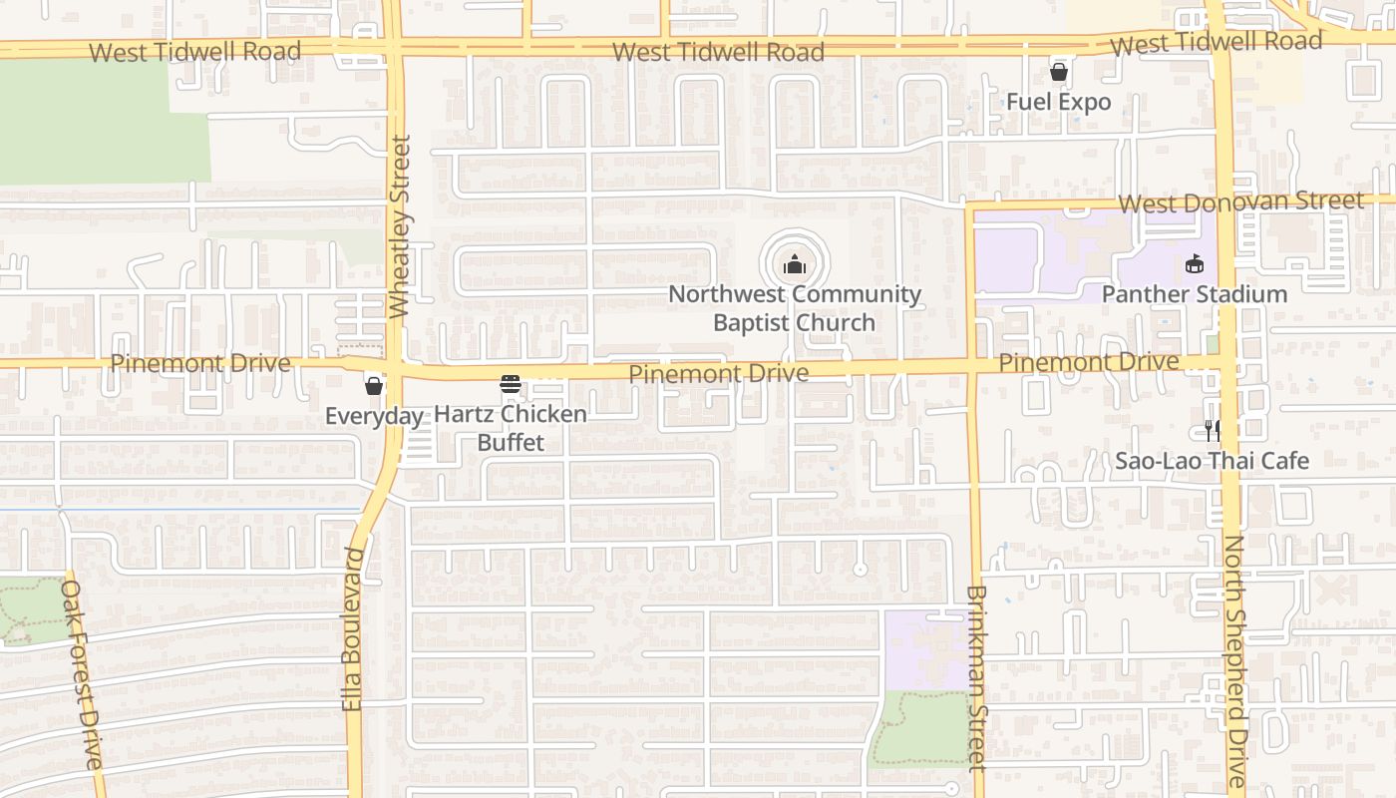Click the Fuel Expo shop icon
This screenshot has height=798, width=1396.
[x=1059, y=72]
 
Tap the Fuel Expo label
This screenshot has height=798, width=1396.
[x=1058, y=102]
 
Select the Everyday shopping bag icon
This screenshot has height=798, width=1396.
[x=374, y=385]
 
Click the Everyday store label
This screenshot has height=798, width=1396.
[x=374, y=416]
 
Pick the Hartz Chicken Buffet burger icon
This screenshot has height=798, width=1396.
[x=511, y=385]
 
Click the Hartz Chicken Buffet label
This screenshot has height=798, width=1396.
[x=511, y=428]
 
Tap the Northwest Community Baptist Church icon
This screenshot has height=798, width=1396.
[x=794, y=264]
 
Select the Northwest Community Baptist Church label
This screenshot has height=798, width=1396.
[x=795, y=308]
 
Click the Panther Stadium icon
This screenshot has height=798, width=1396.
[x=1194, y=263]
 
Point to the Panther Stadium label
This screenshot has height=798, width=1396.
[x=1194, y=294]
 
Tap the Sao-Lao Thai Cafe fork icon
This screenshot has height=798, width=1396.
[x=1212, y=430]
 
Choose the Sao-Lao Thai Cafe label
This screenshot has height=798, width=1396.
[x=1212, y=461]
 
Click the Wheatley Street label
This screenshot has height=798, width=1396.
[x=400, y=227]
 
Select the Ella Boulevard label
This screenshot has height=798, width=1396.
[x=353, y=628]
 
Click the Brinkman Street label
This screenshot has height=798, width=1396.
[x=976, y=678]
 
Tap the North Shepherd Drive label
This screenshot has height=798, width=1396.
[x=1235, y=660]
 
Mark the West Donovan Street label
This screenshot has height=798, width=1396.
[x=1240, y=202]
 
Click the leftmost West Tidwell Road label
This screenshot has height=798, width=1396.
[x=194, y=52]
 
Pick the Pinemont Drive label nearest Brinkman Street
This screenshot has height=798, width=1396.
[x=1089, y=363]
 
